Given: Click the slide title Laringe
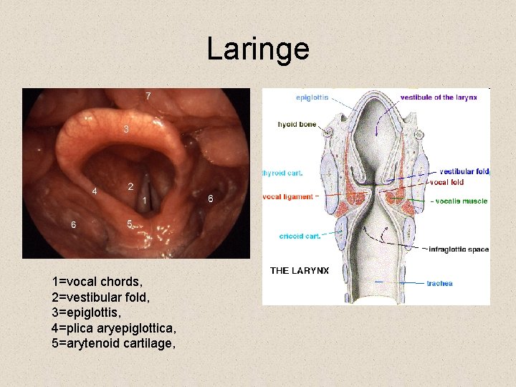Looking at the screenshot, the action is [258, 49].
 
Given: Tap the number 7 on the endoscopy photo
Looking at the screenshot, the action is [148, 95].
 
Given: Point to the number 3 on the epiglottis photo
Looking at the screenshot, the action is [126, 130].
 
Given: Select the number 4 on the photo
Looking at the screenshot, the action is [95, 191].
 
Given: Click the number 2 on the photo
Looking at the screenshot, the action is [130, 186].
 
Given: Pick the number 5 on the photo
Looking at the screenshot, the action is [129, 224].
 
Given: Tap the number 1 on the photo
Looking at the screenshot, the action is [145, 200].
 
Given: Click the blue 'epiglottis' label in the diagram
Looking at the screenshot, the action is [312, 97].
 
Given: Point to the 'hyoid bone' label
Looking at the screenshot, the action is [297, 124].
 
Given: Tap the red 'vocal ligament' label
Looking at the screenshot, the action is [288, 196].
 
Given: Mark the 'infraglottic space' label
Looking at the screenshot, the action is [459, 249].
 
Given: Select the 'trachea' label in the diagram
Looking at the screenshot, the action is [439, 283].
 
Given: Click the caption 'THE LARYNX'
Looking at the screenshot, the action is [300, 270].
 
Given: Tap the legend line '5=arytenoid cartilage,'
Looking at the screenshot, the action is [113, 343].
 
